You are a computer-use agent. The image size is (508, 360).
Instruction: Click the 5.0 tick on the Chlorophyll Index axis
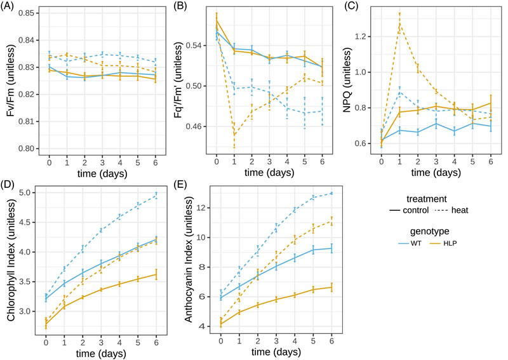[32, 193]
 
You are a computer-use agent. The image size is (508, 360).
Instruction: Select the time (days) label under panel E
[277, 352]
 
